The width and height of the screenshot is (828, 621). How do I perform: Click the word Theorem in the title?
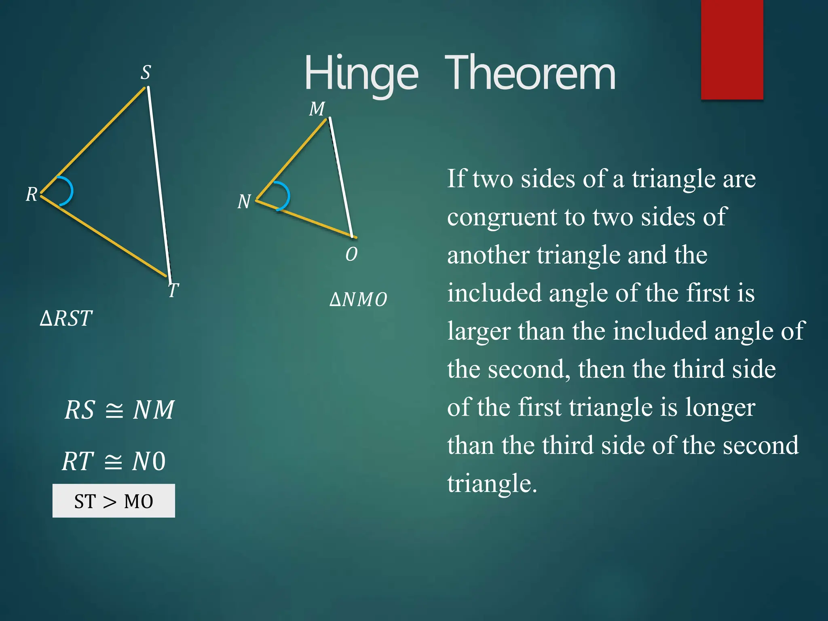click(x=530, y=74)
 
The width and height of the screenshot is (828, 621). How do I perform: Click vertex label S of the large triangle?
click(x=146, y=73)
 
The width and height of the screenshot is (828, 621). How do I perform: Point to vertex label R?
click(x=32, y=194)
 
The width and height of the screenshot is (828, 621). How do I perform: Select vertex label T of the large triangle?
click(x=173, y=290)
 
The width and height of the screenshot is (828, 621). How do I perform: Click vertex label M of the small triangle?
click(x=317, y=109)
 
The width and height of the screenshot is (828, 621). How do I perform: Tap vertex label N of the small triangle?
click(x=244, y=201)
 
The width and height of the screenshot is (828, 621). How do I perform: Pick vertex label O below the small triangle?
click(x=351, y=254)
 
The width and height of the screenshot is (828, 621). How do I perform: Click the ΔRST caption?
click(x=66, y=318)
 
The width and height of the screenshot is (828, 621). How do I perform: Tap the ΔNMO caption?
click(x=358, y=300)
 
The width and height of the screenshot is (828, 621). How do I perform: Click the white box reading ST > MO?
click(x=114, y=501)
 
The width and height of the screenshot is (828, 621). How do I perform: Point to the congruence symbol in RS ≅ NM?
click(x=114, y=410)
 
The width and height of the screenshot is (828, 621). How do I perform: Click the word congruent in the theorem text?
click(x=502, y=218)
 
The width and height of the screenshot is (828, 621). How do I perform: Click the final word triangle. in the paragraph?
click(x=492, y=484)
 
